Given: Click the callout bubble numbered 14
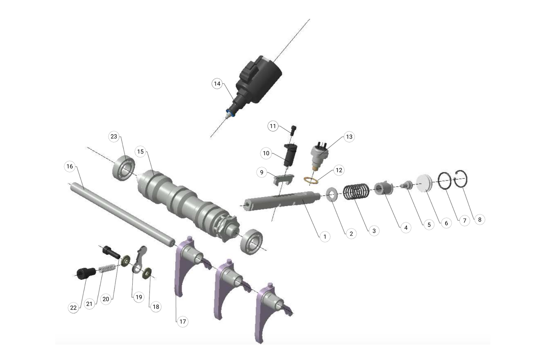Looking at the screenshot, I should (x=217, y=84).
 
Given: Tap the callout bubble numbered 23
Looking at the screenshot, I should (x=114, y=137).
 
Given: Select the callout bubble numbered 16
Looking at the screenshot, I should (x=70, y=166).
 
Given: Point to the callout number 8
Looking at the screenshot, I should (x=479, y=220).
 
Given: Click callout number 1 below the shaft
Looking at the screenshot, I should (x=324, y=237).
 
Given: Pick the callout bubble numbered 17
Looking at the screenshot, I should (x=183, y=321).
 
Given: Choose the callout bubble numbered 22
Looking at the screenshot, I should (x=73, y=307).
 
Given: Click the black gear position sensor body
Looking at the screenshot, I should (x=261, y=81).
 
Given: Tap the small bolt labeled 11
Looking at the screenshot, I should (x=294, y=129).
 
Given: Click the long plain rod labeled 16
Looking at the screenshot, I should (x=121, y=213).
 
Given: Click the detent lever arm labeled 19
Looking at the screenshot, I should (x=139, y=259).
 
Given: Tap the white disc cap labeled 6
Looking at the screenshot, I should (x=426, y=183).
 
